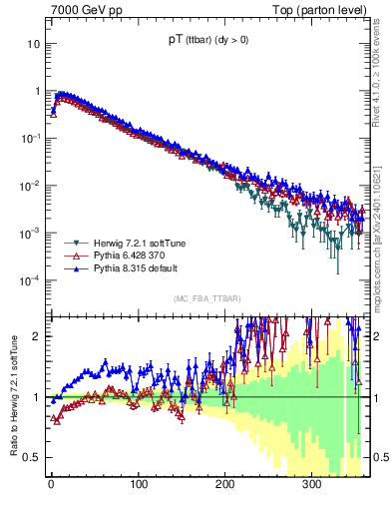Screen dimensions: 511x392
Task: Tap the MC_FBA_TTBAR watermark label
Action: (206, 298)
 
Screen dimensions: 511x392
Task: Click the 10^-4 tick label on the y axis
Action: (30, 279)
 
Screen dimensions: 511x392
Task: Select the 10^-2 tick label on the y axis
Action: (30, 186)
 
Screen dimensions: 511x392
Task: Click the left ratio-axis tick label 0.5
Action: (32, 457)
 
